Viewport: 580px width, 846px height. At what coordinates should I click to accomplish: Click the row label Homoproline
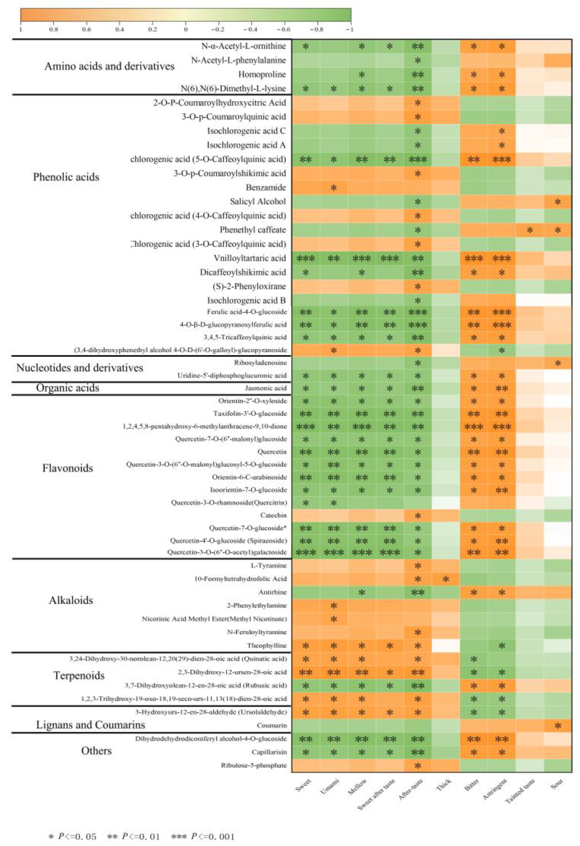[x=262, y=75]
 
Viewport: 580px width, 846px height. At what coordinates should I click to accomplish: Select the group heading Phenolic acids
[x=66, y=177]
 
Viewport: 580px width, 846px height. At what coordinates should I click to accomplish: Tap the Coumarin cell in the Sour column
[x=558, y=726]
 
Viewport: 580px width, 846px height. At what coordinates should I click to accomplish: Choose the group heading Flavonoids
[x=67, y=468]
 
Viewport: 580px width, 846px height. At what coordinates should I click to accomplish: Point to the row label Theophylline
[x=267, y=646]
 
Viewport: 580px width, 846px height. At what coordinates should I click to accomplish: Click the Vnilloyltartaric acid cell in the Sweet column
[x=306, y=258]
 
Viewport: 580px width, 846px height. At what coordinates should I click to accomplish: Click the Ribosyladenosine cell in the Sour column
[x=558, y=362]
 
